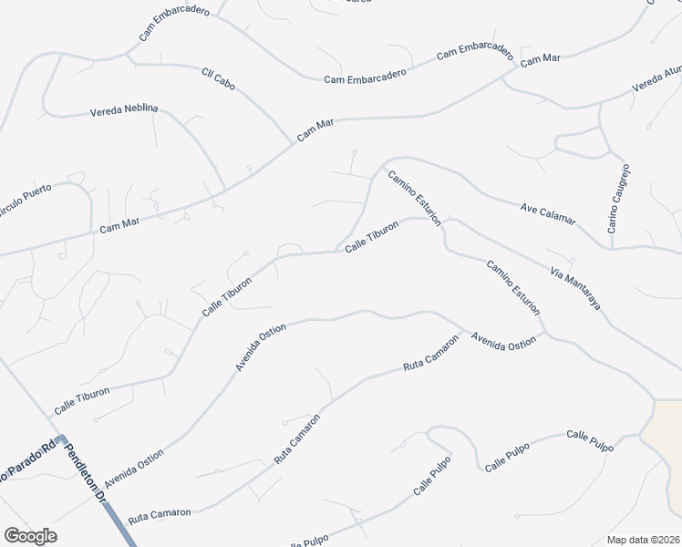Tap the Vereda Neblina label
tap(123, 110)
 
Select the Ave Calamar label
tap(548, 213)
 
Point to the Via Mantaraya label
tap(575, 288)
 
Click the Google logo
tap(30, 536)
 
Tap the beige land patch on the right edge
tap(664, 428)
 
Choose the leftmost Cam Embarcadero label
tap(174, 24)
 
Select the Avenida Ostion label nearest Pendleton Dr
tap(134, 467)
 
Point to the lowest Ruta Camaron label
tap(160, 514)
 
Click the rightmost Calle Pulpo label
tap(590, 440)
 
